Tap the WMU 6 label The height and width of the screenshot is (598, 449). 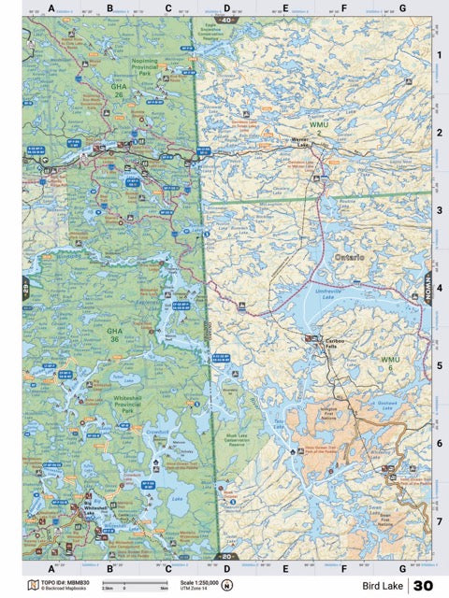(391, 363)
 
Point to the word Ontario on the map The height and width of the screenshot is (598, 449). (347, 255)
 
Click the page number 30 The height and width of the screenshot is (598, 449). (423, 586)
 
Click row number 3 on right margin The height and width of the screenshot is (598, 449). (439, 210)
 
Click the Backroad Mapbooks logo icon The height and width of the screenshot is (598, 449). (33, 586)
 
